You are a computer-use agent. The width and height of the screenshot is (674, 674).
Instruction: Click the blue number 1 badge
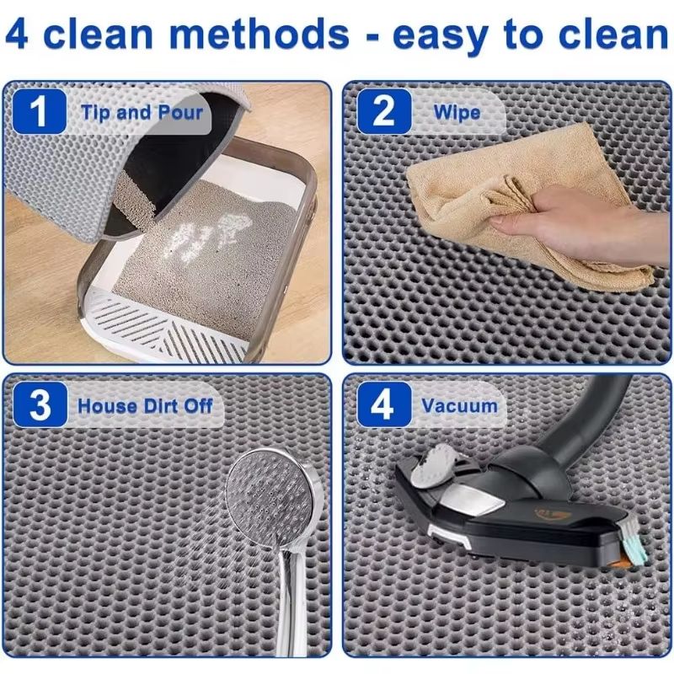(38, 113)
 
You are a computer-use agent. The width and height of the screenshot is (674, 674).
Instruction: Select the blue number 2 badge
(383, 113)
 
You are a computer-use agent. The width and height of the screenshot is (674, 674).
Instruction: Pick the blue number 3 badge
(38, 405)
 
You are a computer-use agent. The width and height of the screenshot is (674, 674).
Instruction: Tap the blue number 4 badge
(383, 405)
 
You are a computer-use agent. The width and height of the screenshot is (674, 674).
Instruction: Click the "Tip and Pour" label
(141, 113)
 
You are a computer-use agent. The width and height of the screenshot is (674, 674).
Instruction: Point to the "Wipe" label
(457, 113)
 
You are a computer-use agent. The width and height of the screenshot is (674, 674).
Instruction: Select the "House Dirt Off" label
(145, 405)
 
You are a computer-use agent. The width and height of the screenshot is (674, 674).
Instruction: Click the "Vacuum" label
(460, 405)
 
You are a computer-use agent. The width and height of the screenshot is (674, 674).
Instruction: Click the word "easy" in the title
(451, 35)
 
